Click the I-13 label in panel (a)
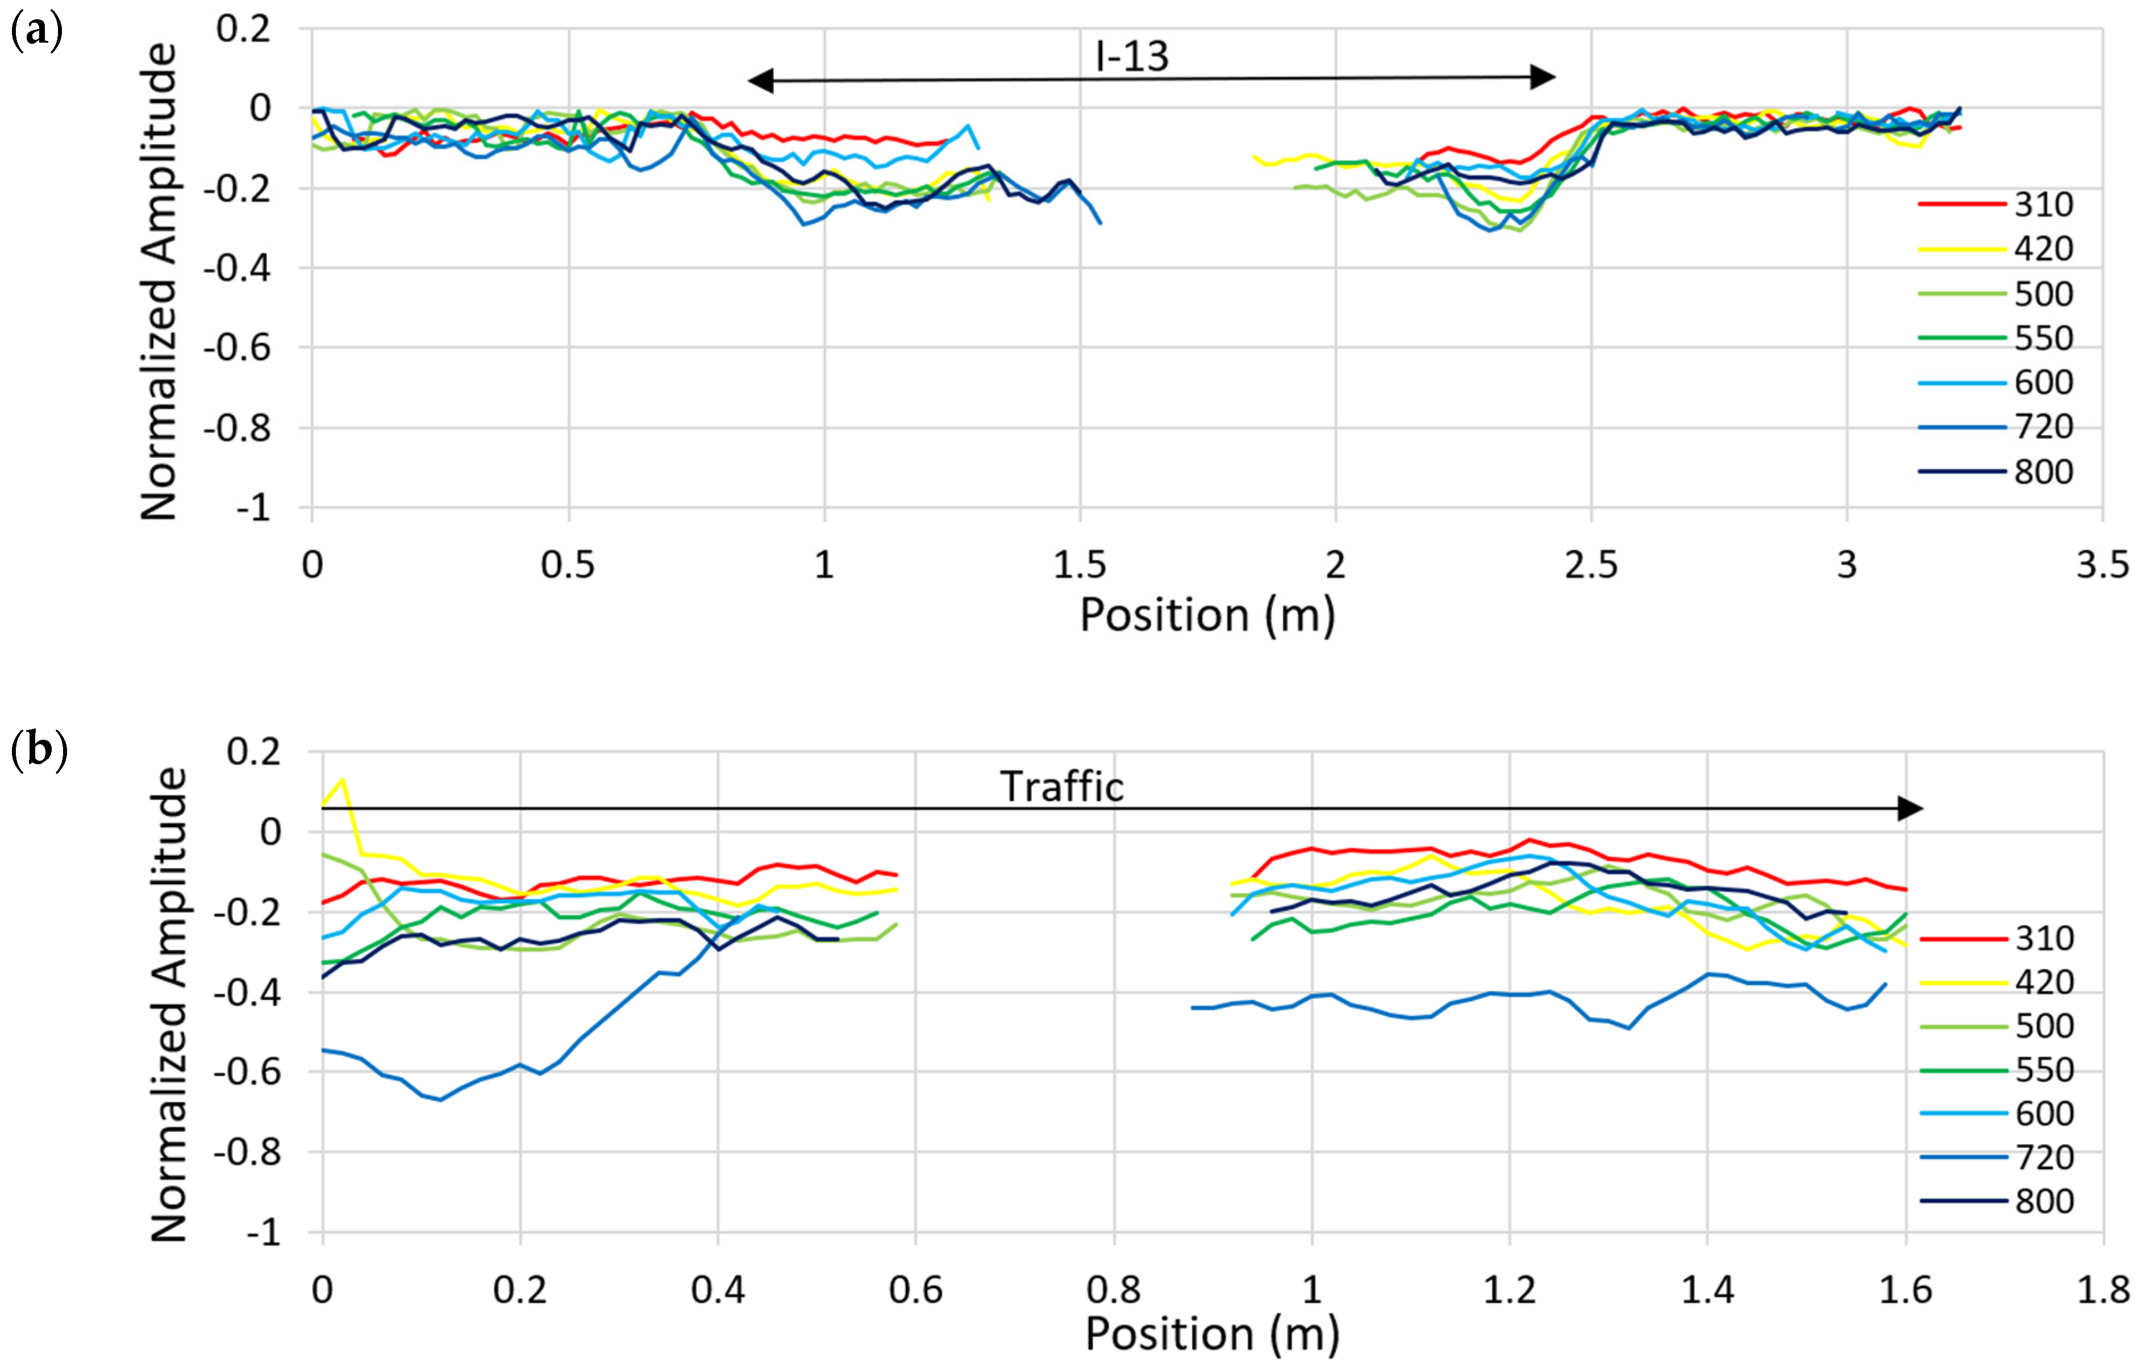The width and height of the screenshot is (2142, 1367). [1131, 56]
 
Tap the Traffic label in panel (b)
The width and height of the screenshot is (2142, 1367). [1061, 786]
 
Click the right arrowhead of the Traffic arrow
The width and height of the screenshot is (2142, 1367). [1910, 808]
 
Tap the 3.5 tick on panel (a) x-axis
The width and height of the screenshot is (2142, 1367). [2102, 565]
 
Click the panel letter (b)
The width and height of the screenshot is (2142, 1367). [38, 750]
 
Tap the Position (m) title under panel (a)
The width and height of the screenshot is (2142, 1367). [1207, 615]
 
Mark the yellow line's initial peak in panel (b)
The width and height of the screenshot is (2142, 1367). [343, 780]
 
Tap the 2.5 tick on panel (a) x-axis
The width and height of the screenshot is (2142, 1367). [1590, 565]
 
